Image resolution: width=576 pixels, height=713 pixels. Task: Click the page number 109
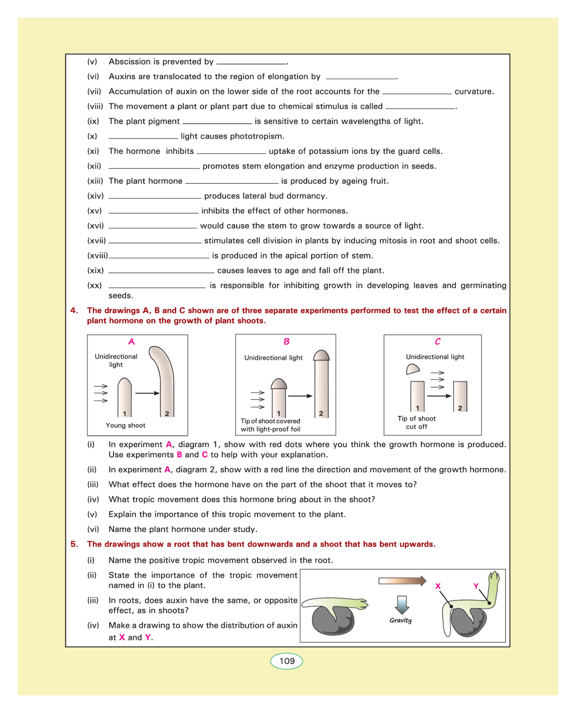pyautogui.click(x=287, y=661)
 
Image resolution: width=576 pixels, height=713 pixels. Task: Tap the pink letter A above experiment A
pyautogui.click(x=132, y=341)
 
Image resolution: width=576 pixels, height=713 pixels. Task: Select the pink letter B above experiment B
pyautogui.click(x=286, y=341)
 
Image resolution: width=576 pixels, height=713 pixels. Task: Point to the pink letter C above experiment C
pyautogui.click(x=437, y=341)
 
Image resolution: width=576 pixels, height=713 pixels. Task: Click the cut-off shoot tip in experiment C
pyautogui.click(x=413, y=370)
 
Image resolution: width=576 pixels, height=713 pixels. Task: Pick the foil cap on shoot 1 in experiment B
pyautogui.click(x=279, y=384)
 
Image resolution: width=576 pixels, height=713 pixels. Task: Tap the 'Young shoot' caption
pyautogui.click(x=125, y=425)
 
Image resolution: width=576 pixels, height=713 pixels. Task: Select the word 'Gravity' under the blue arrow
pyautogui.click(x=400, y=620)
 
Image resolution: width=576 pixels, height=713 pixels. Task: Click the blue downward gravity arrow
pyautogui.click(x=402, y=605)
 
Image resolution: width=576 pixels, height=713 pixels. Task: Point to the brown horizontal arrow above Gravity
pyautogui.click(x=402, y=581)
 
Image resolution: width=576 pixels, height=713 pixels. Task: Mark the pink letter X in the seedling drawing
pyautogui.click(x=438, y=586)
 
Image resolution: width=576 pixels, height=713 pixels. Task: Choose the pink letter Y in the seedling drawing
pyautogui.click(x=476, y=586)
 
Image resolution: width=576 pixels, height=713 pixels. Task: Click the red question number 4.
pyautogui.click(x=74, y=311)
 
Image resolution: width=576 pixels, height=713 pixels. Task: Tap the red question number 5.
pyautogui.click(x=74, y=544)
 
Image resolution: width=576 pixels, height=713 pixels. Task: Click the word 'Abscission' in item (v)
pyautogui.click(x=129, y=62)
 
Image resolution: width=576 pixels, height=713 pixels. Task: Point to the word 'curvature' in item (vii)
pyautogui.click(x=473, y=92)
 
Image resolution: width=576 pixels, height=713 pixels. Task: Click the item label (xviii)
pyautogui.click(x=97, y=256)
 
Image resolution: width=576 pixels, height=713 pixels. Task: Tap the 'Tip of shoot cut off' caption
pyautogui.click(x=417, y=422)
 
